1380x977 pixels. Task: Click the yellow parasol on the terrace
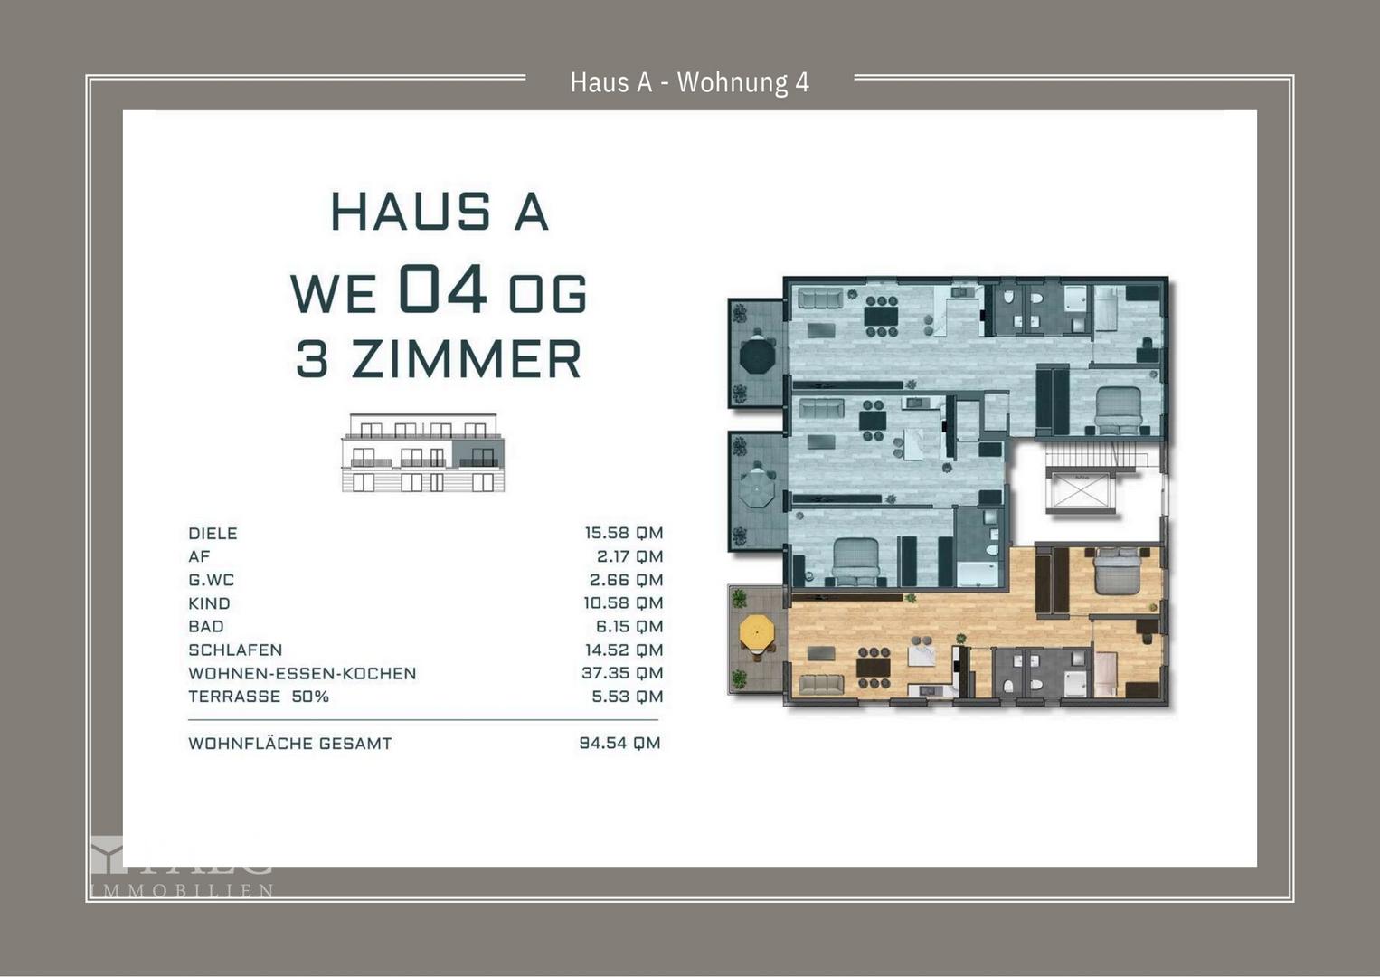[x=757, y=631]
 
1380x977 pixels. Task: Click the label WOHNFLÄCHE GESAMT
[x=289, y=744]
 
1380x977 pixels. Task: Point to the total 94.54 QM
[x=619, y=743]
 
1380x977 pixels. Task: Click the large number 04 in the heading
[x=442, y=290]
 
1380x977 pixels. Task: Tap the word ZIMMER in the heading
[x=466, y=359]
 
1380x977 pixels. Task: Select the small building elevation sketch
[x=423, y=453]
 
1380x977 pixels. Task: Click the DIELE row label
[x=213, y=534]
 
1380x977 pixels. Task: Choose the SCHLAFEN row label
[x=235, y=650]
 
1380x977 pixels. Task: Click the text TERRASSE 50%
[x=258, y=697]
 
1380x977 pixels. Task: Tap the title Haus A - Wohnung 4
[x=689, y=82]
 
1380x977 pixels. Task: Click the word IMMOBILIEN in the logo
[x=182, y=891]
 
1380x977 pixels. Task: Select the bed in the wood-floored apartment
[x=1118, y=572]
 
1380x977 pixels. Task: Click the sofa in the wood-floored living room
[x=820, y=684]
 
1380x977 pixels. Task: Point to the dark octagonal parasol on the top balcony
[x=757, y=356]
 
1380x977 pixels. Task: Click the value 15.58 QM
[x=623, y=533]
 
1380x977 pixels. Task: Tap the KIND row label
[x=209, y=603]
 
